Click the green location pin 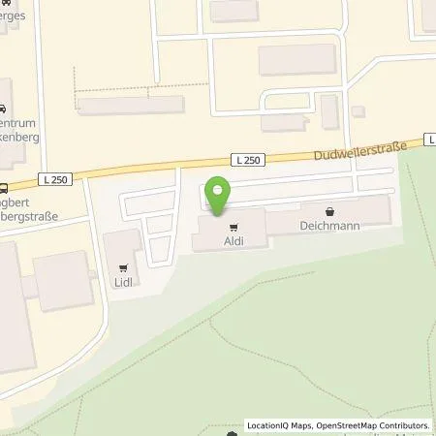point(219,197)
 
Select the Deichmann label point(329,226)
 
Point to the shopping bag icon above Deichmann point(329,208)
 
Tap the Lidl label point(123,282)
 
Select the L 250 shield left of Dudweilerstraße point(246,160)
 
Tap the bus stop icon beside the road point(4,189)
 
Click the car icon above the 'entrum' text point(4,110)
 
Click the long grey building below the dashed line point(132,106)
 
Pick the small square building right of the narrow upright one point(358,112)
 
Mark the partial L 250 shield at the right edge point(429,139)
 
